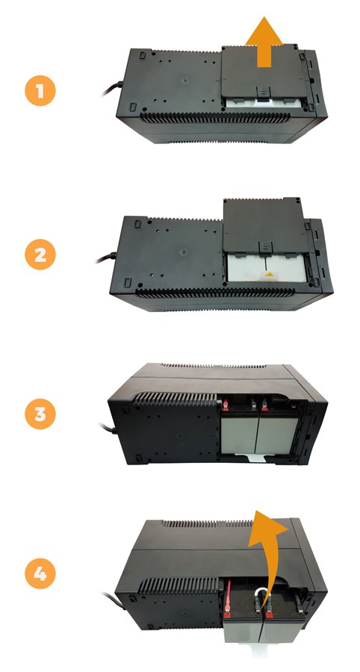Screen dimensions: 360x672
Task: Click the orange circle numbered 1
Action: click(x=40, y=90)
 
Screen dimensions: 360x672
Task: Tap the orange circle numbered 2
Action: click(x=40, y=255)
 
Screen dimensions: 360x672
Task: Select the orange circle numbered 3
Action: click(x=40, y=414)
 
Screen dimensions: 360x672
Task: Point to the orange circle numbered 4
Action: click(x=40, y=573)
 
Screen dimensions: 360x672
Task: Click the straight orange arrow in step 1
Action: click(x=264, y=43)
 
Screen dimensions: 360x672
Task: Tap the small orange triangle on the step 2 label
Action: click(x=269, y=273)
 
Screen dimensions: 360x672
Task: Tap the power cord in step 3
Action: click(x=107, y=427)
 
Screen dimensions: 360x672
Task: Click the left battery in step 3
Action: click(x=240, y=434)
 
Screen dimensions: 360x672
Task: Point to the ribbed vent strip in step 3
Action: click(x=175, y=399)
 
